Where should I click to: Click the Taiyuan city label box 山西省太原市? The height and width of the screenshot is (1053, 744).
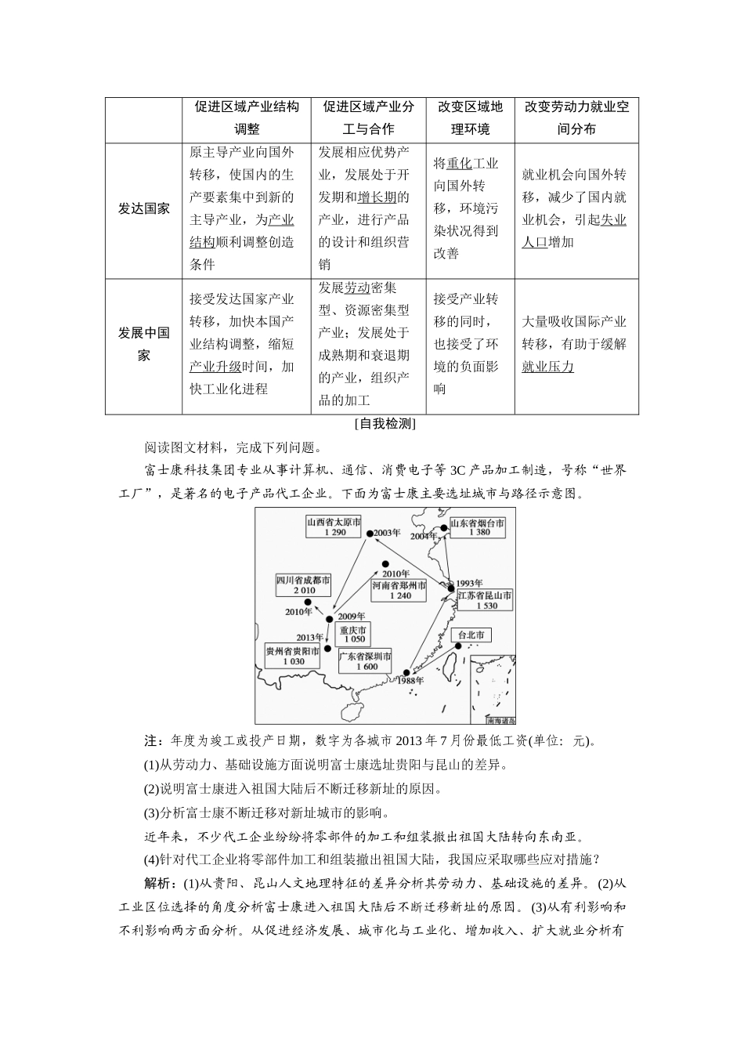[334, 526]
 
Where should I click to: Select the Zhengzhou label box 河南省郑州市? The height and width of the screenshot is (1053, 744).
[399, 590]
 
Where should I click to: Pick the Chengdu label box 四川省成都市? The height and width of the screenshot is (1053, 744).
[304, 584]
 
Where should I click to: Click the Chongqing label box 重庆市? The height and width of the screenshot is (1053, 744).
[353, 634]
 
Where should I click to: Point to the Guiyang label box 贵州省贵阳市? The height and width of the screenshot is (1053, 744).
[293, 656]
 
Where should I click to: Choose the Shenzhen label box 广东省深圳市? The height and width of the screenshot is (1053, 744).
[366, 660]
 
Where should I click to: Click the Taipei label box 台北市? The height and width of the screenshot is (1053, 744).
[471, 635]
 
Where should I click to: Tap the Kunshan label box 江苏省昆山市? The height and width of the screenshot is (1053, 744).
[486, 600]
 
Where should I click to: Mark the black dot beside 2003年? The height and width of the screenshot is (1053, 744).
[369, 534]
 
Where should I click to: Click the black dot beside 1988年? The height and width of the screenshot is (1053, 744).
[406, 672]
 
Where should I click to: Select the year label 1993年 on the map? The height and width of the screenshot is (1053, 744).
[468, 582]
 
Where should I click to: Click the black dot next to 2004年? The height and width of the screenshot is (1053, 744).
[444, 529]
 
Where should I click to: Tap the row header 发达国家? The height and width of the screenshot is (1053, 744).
[144, 208]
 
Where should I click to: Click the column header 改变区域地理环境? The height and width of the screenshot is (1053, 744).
[470, 118]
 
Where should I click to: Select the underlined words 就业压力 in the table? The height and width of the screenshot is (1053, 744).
[547, 366]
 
